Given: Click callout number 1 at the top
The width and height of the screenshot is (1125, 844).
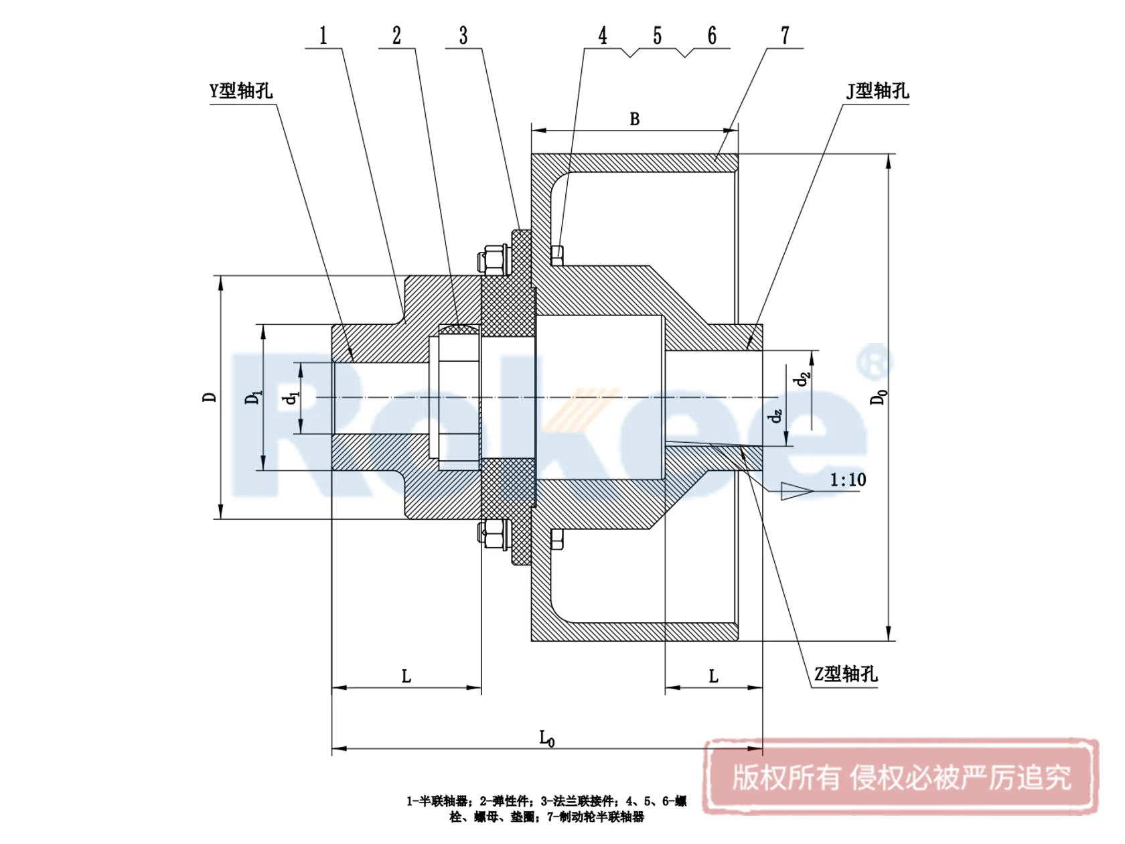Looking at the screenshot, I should (323, 36).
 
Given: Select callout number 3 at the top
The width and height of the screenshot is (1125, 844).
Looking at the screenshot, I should (463, 36).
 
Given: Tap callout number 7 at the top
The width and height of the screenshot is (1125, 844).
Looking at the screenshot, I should (785, 36).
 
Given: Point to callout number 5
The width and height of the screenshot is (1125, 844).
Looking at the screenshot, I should (658, 36).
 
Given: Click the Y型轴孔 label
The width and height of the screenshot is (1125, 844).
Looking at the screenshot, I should (241, 91).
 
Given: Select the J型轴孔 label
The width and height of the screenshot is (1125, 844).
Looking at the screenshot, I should (877, 91).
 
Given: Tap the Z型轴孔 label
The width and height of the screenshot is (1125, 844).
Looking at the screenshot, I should (845, 674).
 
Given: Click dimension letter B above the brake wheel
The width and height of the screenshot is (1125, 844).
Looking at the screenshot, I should (635, 119).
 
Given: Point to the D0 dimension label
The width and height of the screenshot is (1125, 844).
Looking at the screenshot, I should (878, 397).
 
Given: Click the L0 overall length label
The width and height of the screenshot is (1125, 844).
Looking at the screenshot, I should (546, 738).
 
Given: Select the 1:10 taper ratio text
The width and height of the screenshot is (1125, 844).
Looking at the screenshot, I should (848, 480).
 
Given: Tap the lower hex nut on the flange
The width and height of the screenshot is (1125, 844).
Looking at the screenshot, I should (494, 534).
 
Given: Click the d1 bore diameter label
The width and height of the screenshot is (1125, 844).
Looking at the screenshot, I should (291, 398).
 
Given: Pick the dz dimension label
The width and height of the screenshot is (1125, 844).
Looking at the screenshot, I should (775, 416).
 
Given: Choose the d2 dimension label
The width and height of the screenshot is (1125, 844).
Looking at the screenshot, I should (802, 379).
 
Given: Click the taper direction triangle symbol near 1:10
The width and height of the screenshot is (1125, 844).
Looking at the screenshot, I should (796, 491).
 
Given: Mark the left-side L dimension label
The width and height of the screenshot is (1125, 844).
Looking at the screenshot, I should (406, 677).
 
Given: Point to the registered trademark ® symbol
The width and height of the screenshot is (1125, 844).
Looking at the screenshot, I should (874, 362).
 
